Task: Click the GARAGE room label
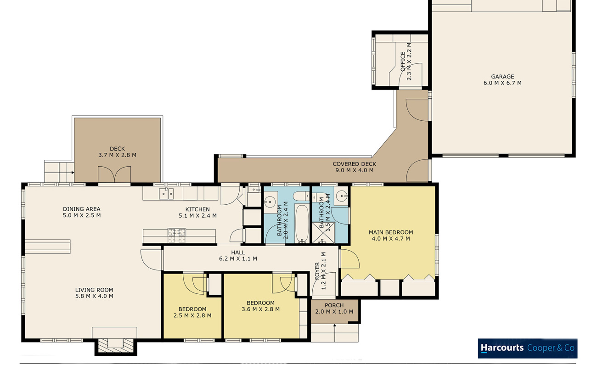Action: coord(502,77)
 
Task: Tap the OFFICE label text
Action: coord(403,62)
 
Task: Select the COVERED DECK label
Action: coord(354,164)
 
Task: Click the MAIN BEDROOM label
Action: coord(391,232)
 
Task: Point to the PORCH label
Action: coord(334,305)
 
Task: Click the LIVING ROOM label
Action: coord(94,290)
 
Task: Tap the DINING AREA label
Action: coord(82,209)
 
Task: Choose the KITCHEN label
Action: coord(197,209)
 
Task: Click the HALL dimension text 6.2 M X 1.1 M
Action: coord(238,258)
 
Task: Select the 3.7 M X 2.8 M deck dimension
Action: coord(117,155)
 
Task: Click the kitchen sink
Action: coord(166,193)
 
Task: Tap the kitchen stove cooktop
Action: coord(177,235)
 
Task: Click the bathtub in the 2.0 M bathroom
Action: coord(302,223)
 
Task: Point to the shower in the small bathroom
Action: coord(323,233)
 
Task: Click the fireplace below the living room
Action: coord(116,347)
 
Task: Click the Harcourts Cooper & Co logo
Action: coord(528,348)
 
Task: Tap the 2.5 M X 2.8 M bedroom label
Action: coord(192,313)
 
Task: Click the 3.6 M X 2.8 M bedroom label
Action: coord(261,306)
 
